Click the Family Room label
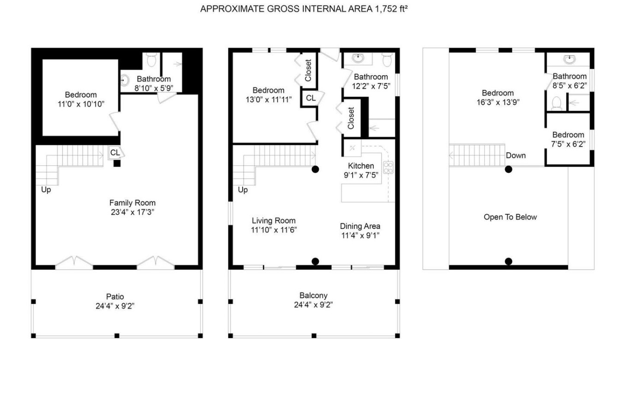[132, 203]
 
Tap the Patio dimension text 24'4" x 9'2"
[115, 306]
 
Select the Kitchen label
[361, 166]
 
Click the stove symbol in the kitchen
[388, 167]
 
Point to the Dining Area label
[360, 226]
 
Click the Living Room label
[274, 221]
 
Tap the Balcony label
[313, 296]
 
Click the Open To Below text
[510, 217]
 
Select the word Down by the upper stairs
[515, 155]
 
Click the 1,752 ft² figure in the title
[391, 9]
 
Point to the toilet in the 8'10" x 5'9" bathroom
[151, 60]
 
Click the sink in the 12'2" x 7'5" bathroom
[358, 59]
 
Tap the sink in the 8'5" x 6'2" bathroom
[569, 59]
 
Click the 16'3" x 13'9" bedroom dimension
[498, 102]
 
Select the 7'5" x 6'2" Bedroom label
[568, 135]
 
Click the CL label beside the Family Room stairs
[115, 153]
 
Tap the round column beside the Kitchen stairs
[315, 169]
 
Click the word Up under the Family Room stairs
[46, 190]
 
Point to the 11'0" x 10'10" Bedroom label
[81, 95]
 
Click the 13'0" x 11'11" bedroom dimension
[269, 100]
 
